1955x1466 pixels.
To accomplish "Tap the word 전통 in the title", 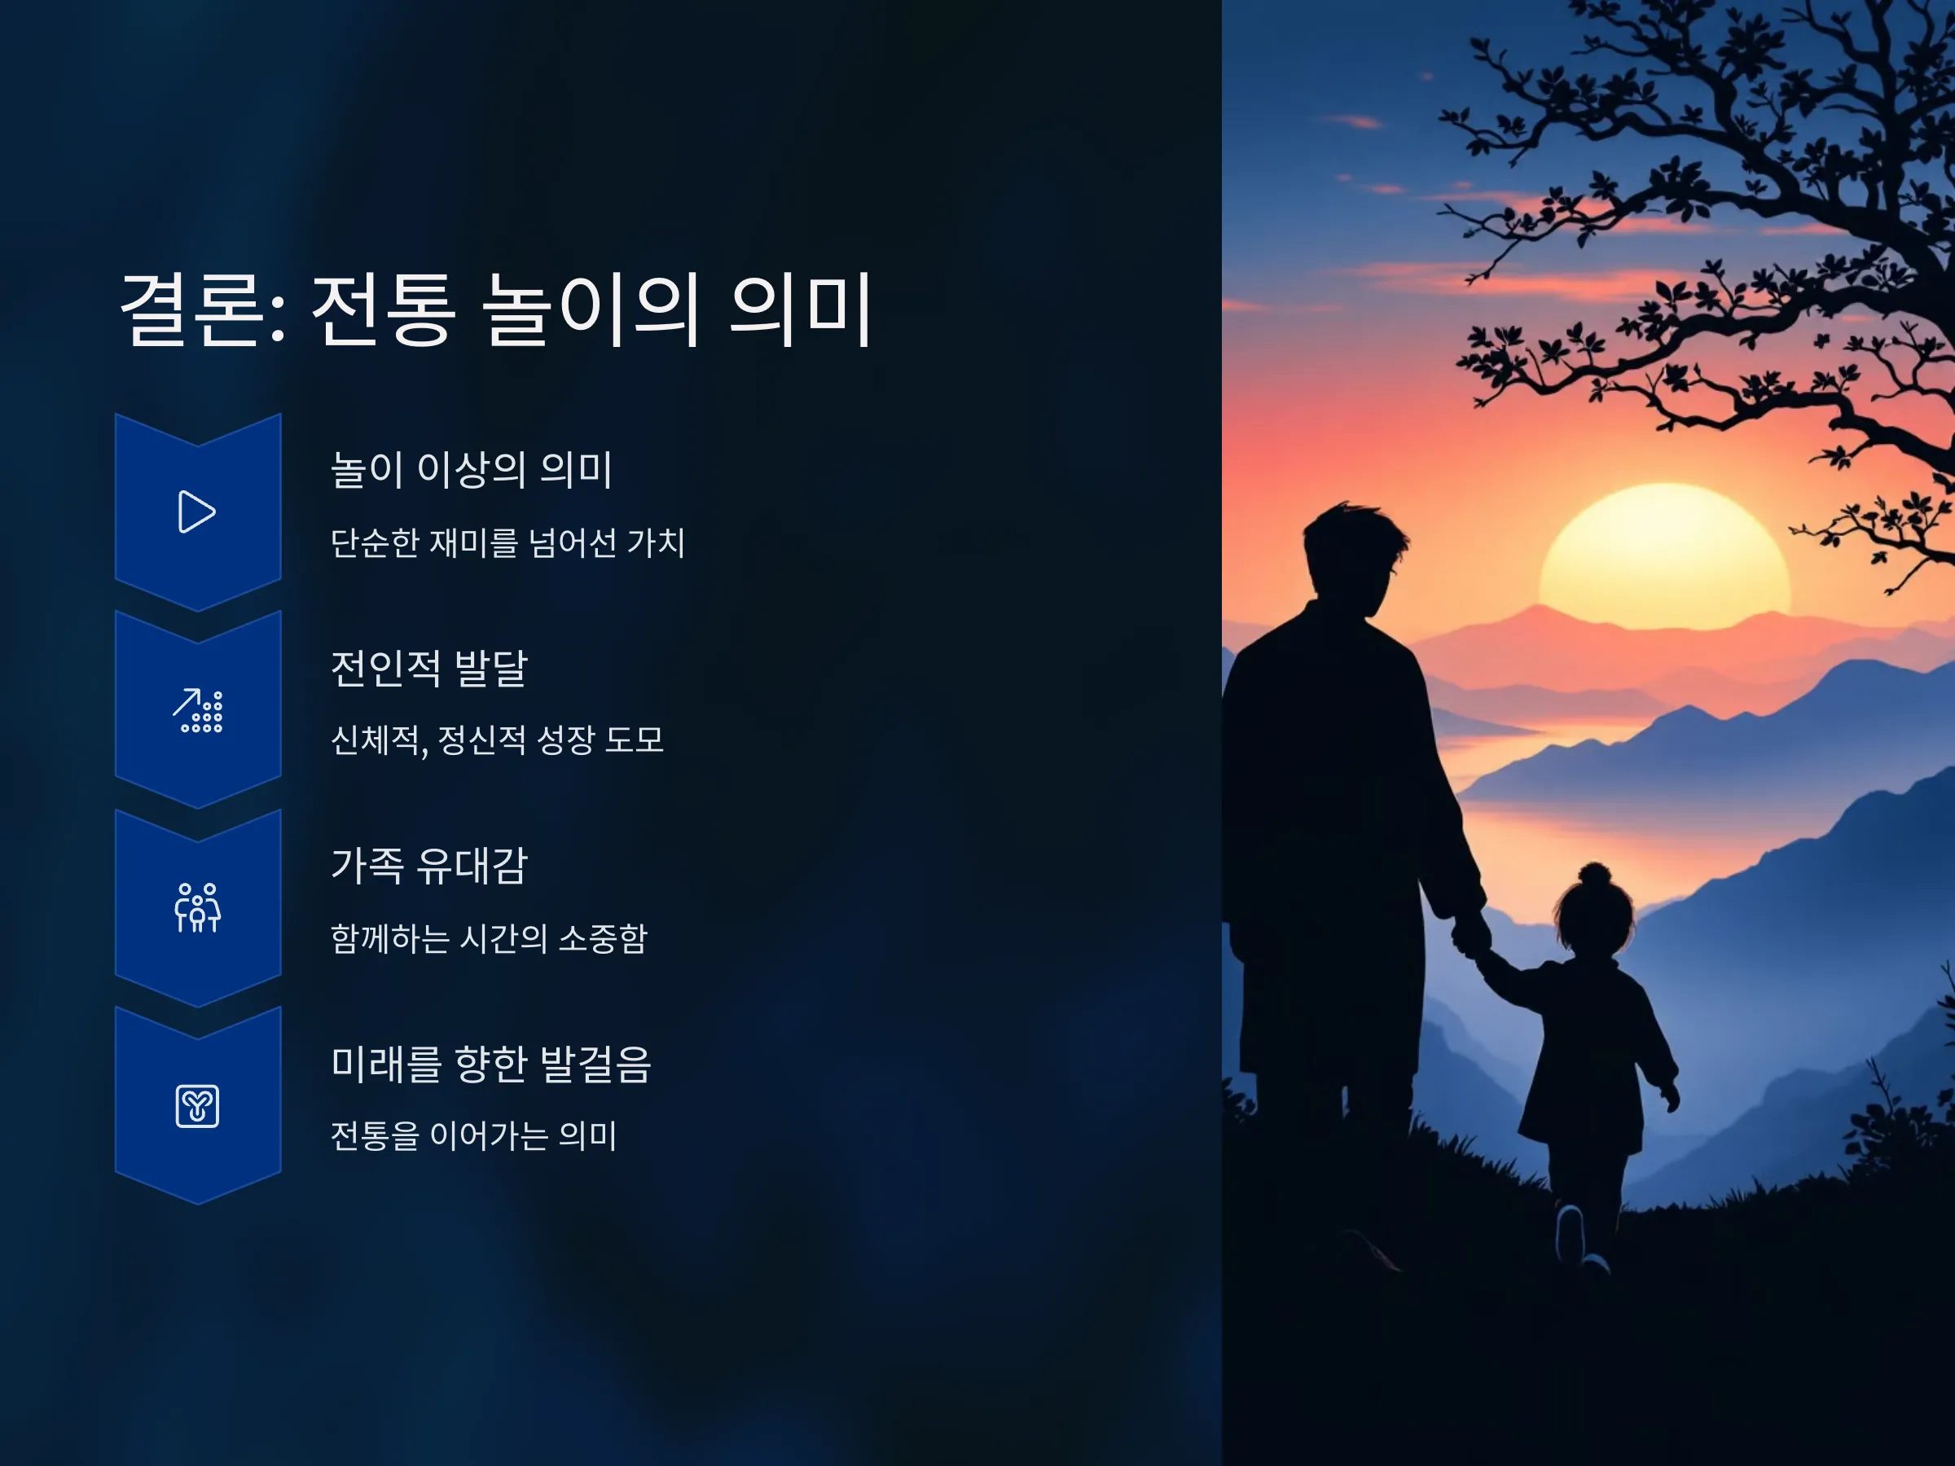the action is (384, 309).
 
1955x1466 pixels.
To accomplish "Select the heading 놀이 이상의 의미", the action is (471, 468).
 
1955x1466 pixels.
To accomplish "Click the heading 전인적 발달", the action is (429, 667).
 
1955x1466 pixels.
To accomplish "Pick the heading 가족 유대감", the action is (429, 865).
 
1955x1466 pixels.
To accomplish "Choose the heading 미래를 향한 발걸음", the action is (491, 1063).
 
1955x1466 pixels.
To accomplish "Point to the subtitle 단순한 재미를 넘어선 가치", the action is (508, 542).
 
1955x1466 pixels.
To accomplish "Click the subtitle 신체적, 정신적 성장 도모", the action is (498, 740).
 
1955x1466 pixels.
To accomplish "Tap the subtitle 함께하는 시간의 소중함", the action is (490, 937).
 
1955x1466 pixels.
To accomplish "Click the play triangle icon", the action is (197, 511).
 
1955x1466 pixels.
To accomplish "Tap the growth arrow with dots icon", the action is (198, 710).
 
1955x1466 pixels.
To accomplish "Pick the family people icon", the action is (198, 907).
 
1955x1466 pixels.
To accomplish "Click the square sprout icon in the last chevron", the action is (198, 1106).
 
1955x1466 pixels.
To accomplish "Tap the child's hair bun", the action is (1594, 875).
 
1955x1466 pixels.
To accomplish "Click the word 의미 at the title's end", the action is (802, 309).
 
